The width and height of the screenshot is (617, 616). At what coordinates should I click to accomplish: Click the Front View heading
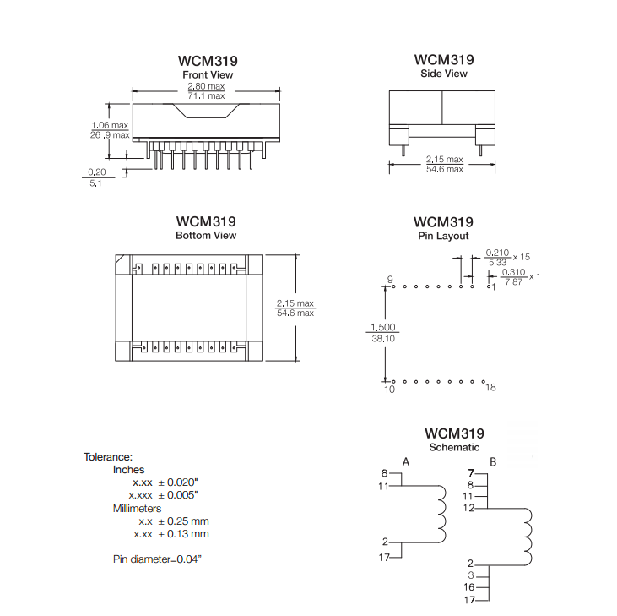click(208, 74)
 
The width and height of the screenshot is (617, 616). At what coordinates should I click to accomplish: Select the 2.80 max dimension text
click(206, 86)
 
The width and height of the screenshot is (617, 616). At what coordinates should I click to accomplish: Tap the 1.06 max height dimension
click(110, 125)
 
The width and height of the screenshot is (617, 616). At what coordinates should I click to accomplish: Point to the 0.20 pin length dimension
click(97, 172)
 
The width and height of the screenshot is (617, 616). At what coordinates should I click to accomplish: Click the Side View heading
click(443, 74)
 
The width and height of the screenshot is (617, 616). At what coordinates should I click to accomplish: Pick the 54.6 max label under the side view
click(445, 169)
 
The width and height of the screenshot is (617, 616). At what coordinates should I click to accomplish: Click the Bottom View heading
click(206, 235)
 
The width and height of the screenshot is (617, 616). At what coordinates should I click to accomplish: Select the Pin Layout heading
click(443, 236)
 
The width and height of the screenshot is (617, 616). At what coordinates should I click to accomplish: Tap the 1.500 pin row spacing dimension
click(383, 327)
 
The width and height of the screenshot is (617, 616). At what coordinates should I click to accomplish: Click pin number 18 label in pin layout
click(490, 388)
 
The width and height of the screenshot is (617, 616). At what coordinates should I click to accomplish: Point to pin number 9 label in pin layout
click(390, 279)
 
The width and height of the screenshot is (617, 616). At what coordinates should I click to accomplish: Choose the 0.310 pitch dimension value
click(513, 272)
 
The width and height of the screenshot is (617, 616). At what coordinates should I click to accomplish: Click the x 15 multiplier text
click(522, 257)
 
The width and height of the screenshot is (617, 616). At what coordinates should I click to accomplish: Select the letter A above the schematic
click(406, 461)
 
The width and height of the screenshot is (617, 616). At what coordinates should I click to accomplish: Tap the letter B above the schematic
click(493, 461)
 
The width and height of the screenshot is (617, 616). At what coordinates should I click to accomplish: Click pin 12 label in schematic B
click(468, 508)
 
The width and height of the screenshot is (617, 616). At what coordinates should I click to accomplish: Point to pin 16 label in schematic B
click(469, 587)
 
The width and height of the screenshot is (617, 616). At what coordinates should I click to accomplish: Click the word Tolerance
click(108, 457)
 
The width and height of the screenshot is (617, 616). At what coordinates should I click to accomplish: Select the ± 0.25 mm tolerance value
click(183, 521)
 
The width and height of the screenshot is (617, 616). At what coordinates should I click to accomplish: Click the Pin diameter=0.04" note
click(157, 559)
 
